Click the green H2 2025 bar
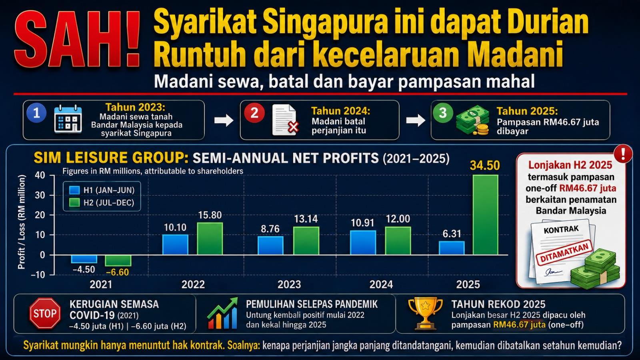tap(486, 214)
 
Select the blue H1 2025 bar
tap(452, 248)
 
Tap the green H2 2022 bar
tap(210, 238)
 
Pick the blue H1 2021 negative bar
tap(84, 259)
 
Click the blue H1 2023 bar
tap(270, 246)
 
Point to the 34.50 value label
tap(485, 166)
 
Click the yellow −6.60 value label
tap(118, 272)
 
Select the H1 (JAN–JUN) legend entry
tap(102, 190)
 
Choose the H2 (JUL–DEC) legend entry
tap(102, 202)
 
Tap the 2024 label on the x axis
tap(381, 284)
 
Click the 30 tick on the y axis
tap(40, 196)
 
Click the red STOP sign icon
tap(45, 314)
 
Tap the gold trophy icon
tap(426, 314)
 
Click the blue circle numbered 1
tap(36, 113)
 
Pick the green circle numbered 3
tap(443, 112)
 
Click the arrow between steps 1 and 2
tap(224, 120)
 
